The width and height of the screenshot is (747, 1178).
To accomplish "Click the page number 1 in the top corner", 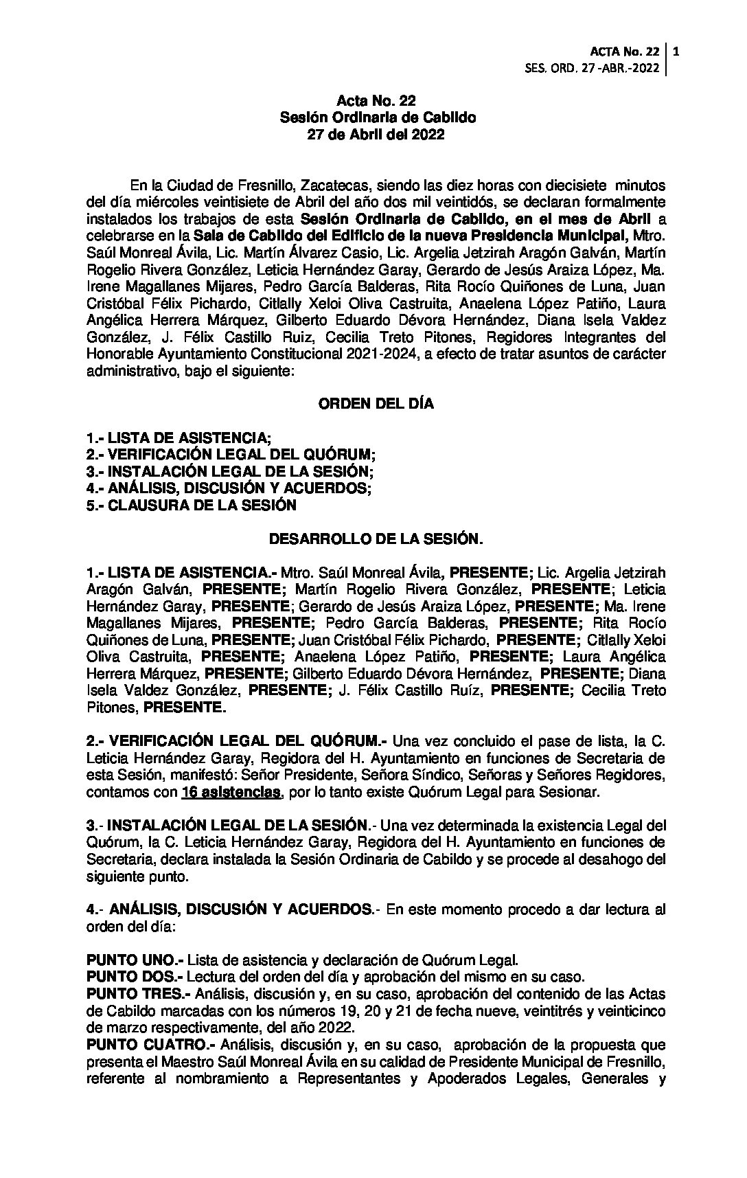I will tap(677, 51).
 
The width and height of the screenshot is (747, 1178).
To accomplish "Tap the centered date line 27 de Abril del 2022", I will tap(376, 135).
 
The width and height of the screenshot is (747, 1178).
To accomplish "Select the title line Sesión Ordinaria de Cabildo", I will tap(378, 118).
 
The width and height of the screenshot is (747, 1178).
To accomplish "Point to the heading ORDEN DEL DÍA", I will tap(376, 404).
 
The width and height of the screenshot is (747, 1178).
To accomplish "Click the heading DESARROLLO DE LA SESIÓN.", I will tap(376, 539).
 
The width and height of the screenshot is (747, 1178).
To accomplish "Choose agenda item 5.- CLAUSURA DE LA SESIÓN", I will tap(192, 506).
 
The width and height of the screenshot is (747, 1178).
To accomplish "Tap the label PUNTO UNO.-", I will tap(135, 960).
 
